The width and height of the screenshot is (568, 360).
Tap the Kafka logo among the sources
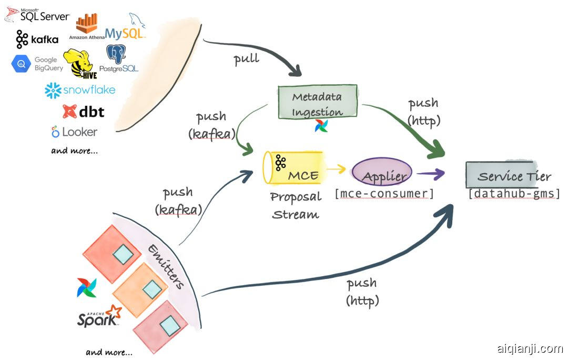click(36, 39)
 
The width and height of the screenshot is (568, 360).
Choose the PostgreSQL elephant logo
click(118, 58)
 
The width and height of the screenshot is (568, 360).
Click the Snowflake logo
click(80, 90)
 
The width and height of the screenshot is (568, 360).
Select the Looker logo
click(74, 132)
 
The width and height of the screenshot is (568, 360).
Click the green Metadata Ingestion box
click(317, 102)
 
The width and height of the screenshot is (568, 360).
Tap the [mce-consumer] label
click(384, 194)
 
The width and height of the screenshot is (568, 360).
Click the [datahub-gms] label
click(514, 194)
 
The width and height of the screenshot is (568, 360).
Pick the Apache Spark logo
click(99, 317)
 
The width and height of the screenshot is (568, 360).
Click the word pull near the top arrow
click(246, 58)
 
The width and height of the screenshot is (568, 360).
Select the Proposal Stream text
click(296, 206)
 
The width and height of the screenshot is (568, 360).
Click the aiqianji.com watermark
click(530, 348)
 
